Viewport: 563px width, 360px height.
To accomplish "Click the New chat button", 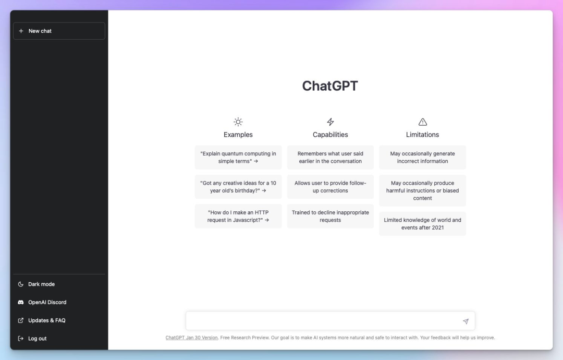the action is click(x=59, y=31).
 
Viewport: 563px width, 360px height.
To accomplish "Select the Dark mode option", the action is click(x=41, y=284).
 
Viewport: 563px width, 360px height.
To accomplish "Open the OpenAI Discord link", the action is click(x=47, y=303).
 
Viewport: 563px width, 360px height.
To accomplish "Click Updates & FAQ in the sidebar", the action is click(x=47, y=320).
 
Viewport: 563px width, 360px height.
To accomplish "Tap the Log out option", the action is click(x=38, y=339).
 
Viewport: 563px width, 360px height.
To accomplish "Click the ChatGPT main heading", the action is click(x=330, y=86).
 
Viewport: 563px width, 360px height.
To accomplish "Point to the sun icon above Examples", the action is click(x=238, y=122).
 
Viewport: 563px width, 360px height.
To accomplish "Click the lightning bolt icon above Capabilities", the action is click(x=331, y=122).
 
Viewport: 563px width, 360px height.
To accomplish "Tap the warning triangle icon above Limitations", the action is click(x=423, y=122).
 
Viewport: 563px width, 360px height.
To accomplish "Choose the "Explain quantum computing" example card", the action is click(x=238, y=158).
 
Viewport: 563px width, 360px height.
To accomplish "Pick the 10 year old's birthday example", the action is click(x=238, y=187).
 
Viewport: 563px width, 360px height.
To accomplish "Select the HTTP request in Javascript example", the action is click(x=238, y=217).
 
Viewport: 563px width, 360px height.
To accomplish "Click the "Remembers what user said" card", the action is click(x=331, y=158).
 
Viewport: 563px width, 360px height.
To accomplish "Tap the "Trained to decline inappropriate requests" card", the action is click(x=331, y=217).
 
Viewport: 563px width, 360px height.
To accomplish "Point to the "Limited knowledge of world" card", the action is click(x=423, y=224).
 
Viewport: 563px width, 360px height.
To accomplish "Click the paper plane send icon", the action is click(x=466, y=321).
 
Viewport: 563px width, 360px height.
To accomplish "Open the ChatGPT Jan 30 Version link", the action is click(x=191, y=338).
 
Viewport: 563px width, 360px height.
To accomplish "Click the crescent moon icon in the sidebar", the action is click(x=21, y=284).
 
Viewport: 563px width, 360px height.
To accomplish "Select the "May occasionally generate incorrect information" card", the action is click(x=423, y=158).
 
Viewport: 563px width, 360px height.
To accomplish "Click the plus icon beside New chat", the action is click(x=21, y=31).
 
